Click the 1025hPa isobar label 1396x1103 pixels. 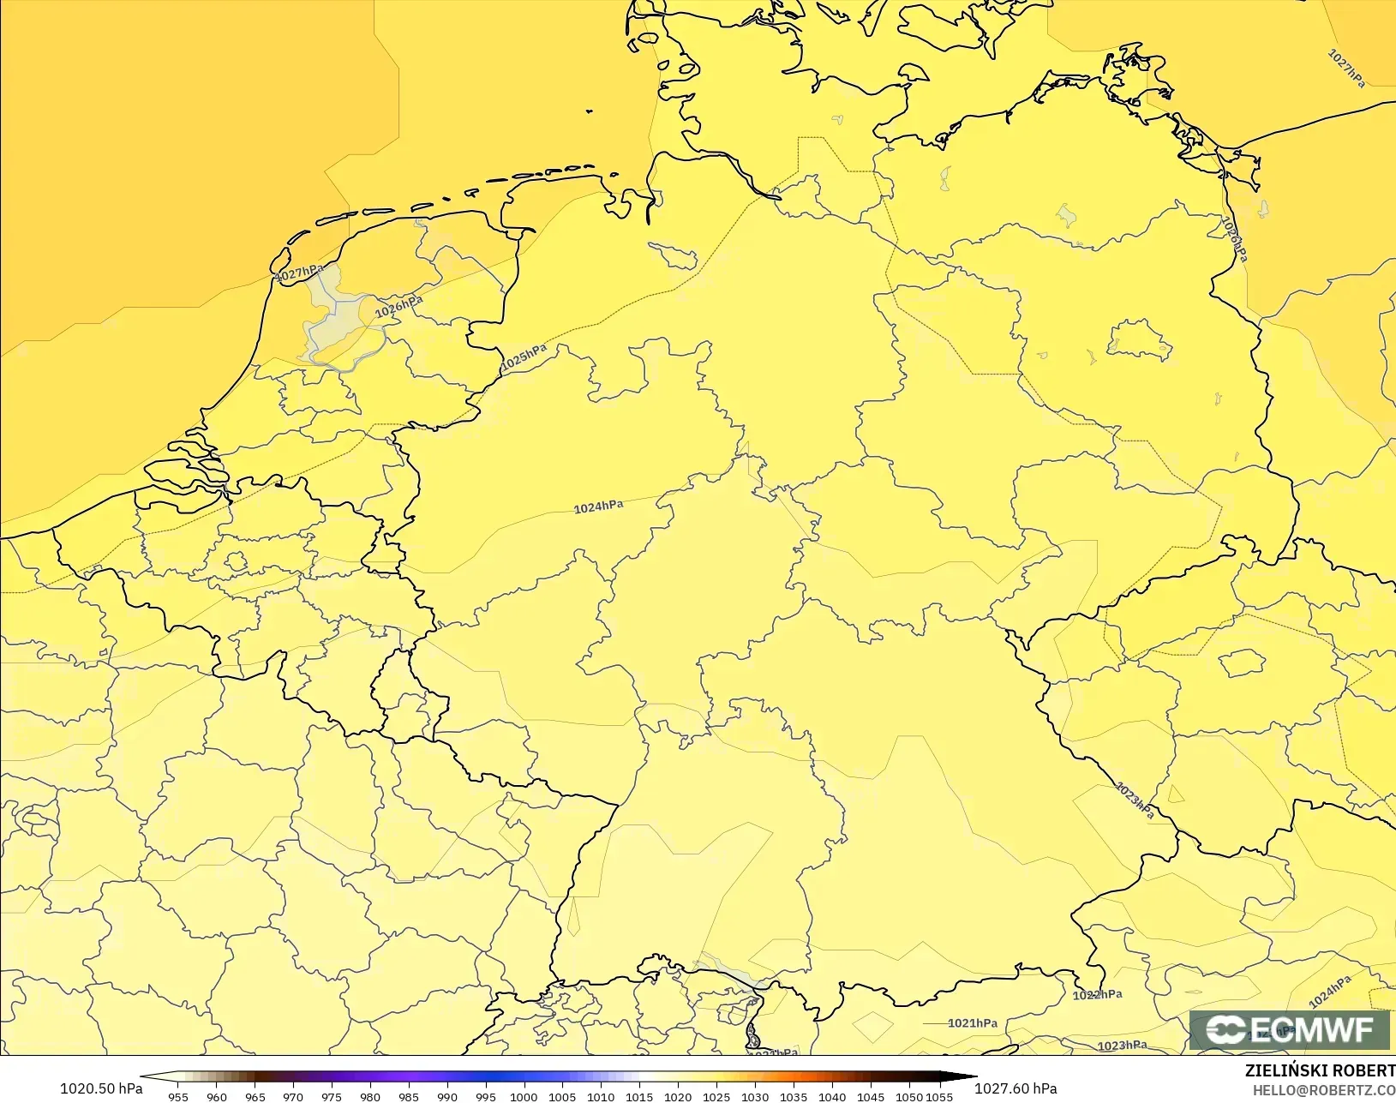tap(524, 357)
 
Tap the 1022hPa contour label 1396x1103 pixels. tap(1097, 995)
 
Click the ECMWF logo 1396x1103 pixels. tap(1289, 1029)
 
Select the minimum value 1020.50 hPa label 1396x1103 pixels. tap(101, 1088)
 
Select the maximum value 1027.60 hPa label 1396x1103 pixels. tap(1016, 1088)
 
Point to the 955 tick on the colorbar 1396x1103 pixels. tap(178, 1096)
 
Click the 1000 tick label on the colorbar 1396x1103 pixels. tap(524, 1096)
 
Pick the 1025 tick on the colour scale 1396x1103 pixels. tap(716, 1096)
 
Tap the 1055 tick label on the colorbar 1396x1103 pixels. tap(939, 1096)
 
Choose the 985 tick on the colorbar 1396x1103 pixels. tap(409, 1096)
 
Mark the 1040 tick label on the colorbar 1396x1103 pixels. tap(831, 1096)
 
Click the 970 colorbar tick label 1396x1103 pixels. tap(293, 1096)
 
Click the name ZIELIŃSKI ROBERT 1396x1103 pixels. tap(1320, 1071)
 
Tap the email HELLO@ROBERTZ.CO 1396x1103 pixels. tap(1324, 1090)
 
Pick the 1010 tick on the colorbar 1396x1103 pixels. tap(601, 1096)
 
